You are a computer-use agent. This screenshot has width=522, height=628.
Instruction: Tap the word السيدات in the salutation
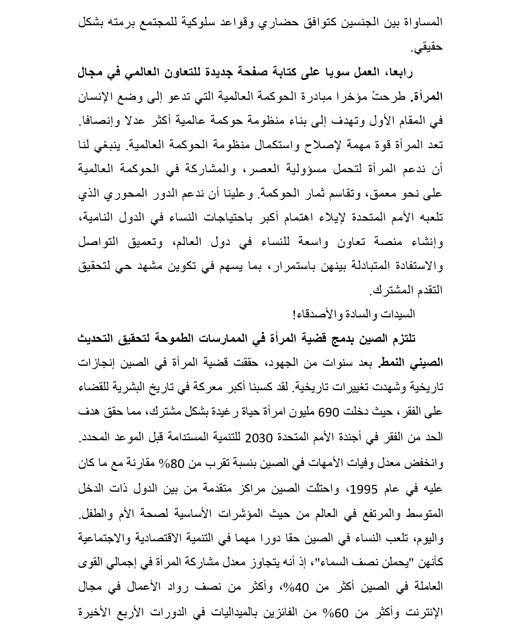point(401,314)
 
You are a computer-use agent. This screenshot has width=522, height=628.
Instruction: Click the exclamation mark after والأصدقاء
point(294,314)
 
